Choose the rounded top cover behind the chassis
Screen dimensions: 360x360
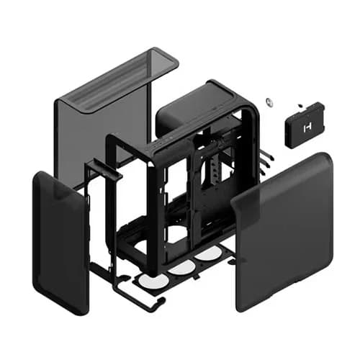coord(191,108)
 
